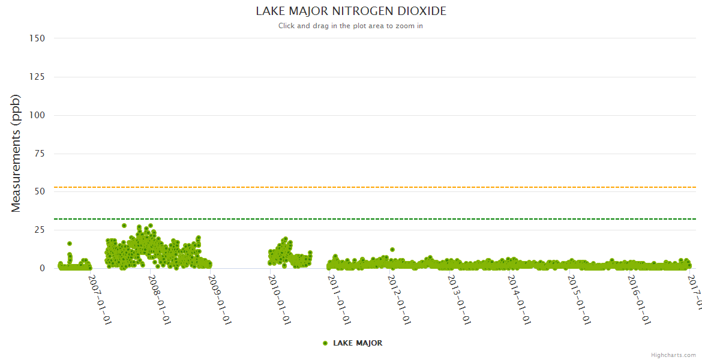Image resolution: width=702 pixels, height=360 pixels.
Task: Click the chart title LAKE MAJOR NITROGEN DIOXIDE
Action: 351,11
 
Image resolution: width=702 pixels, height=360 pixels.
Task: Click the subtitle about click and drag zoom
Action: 350,26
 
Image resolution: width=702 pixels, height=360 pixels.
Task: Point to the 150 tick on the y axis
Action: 37,38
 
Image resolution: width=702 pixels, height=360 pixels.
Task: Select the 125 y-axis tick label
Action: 37,76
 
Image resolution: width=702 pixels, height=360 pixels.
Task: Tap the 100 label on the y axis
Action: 37,115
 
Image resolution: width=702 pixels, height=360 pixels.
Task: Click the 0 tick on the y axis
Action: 42,268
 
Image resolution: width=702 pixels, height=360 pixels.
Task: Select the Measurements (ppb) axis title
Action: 16,153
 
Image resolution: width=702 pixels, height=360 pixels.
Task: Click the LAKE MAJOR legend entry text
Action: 358,343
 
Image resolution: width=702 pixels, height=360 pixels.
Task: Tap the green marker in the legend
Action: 325,343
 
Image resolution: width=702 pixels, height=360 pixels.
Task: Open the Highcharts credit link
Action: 673,355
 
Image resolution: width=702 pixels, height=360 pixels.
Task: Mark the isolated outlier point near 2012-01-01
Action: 392,250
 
